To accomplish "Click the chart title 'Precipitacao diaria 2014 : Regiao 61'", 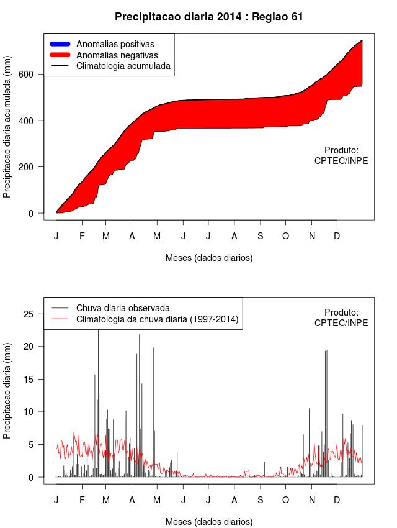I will point(209,17).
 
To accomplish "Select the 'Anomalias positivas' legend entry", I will point(115,44).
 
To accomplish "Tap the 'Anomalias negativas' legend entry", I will point(117,55).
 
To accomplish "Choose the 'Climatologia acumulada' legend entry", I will point(123,65).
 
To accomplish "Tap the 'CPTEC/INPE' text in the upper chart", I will point(341,160).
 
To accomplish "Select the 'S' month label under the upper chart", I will point(261,236).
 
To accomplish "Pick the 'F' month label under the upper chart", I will point(81,236).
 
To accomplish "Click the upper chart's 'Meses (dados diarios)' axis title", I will point(209,257).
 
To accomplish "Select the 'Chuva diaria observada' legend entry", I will point(123,307).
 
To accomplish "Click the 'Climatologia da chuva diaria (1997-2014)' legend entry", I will point(157,319).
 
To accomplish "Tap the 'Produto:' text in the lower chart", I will point(341,312).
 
